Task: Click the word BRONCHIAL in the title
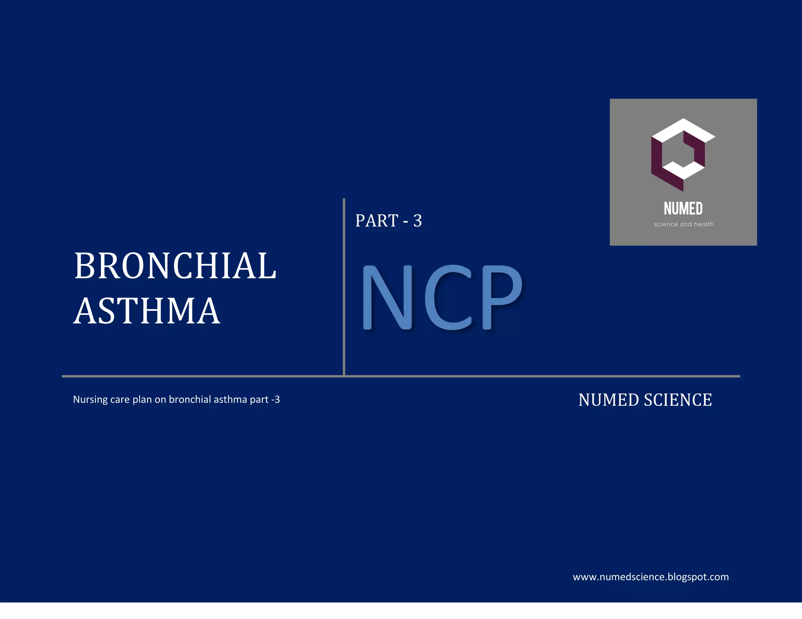(x=175, y=266)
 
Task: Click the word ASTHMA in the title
(x=147, y=311)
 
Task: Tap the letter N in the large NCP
(x=387, y=297)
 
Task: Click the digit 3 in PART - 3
(x=417, y=221)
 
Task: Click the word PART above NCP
(x=377, y=221)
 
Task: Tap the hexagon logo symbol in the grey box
(x=683, y=155)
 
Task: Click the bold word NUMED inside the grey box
(x=683, y=209)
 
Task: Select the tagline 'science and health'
(x=683, y=224)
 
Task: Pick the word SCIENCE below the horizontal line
(x=678, y=400)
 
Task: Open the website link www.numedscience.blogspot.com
(x=650, y=577)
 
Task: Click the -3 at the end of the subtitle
(x=276, y=399)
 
